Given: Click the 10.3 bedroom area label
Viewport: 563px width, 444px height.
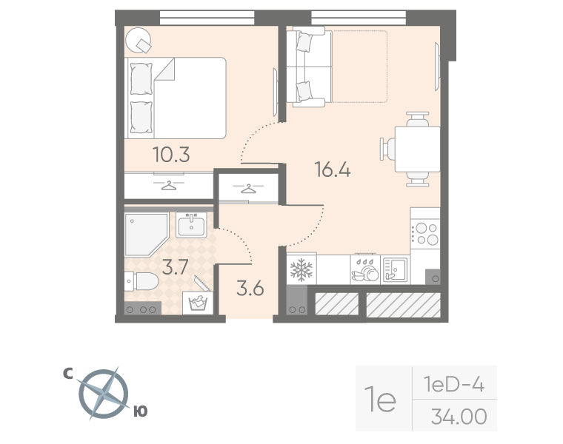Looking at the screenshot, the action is pyautogui.click(x=171, y=155).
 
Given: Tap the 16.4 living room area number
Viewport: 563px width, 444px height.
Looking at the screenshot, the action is pyautogui.click(x=333, y=169).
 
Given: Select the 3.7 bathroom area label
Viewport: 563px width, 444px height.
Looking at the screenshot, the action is pyautogui.click(x=175, y=267).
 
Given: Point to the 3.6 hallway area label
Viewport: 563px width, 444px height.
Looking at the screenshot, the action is pyautogui.click(x=250, y=289).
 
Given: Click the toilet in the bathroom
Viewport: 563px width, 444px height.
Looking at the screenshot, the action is pyautogui.click(x=141, y=281).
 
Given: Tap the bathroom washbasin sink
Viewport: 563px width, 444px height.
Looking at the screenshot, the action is pyautogui.click(x=191, y=225).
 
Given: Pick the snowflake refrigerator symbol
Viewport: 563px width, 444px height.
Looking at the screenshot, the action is pyautogui.click(x=302, y=269).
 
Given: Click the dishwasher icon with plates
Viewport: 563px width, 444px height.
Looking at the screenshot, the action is pyautogui.click(x=365, y=269).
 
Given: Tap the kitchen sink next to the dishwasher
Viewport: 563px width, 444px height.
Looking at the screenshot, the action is pyautogui.click(x=395, y=269).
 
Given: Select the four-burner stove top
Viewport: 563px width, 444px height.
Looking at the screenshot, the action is pyautogui.click(x=425, y=234).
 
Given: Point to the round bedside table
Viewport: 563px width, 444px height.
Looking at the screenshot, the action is pyautogui.click(x=138, y=41).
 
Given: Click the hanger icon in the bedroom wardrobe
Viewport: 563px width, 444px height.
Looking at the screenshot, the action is pyautogui.click(x=169, y=186).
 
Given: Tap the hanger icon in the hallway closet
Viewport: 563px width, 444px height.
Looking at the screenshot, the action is pyautogui.click(x=248, y=188).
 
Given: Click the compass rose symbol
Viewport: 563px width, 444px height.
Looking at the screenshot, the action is pyautogui.click(x=104, y=394).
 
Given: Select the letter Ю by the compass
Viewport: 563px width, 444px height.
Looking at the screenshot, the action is pyautogui.click(x=141, y=411).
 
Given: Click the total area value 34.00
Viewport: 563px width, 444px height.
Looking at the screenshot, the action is pyautogui.click(x=459, y=417).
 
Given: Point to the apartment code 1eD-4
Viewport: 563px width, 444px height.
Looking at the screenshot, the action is pyautogui.click(x=454, y=385).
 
